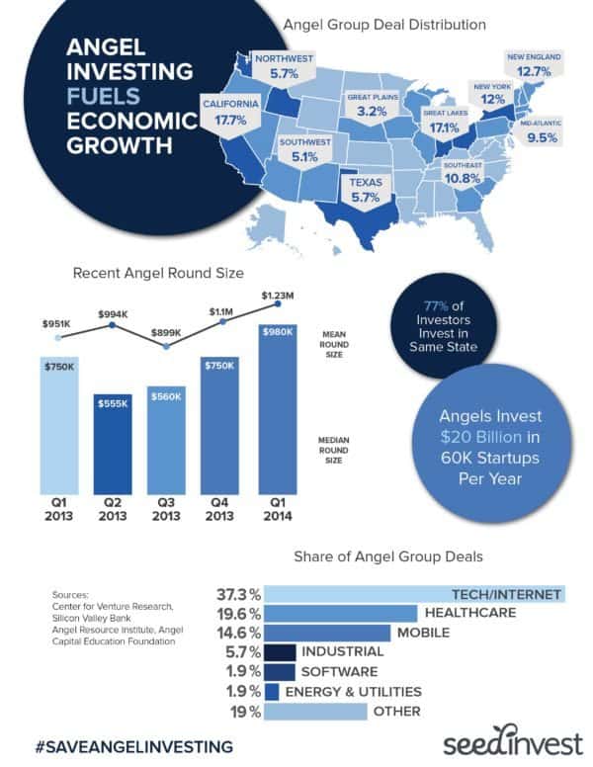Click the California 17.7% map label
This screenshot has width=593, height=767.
(x=232, y=112)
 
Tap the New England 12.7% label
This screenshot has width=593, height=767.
(x=534, y=64)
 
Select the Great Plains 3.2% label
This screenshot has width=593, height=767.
(x=371, y=106)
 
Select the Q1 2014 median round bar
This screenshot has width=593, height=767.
(x=276, y=409)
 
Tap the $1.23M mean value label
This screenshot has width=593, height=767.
(x=278, y=295)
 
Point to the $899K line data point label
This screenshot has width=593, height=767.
(x=166, y=334)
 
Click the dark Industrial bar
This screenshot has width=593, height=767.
(x=281, y=652)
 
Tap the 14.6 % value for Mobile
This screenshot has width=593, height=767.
(x=237, y=634)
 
